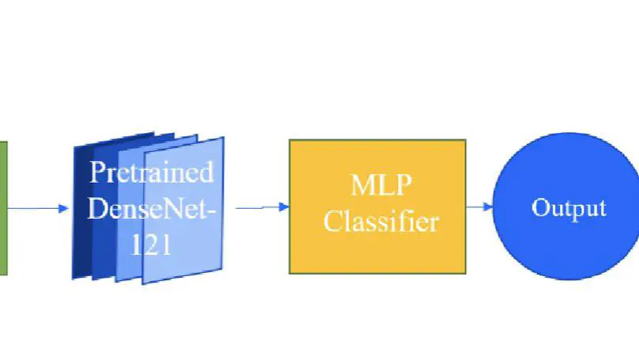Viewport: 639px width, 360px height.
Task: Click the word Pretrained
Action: (151, 172)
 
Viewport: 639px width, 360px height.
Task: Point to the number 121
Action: (150, 244)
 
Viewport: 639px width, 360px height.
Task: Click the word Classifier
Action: (380, 221)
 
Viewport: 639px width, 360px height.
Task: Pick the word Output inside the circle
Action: (569, 208)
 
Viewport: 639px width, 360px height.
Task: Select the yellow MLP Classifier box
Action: (377, 253)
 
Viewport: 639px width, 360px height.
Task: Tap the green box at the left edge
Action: (3, 208)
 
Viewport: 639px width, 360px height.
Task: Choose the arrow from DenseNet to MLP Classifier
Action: (261, 208)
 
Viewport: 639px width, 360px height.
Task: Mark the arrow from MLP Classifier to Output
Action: (479, 207)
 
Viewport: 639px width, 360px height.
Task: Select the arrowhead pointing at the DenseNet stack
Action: (65, 209)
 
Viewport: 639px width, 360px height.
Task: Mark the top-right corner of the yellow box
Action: (465, 141)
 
